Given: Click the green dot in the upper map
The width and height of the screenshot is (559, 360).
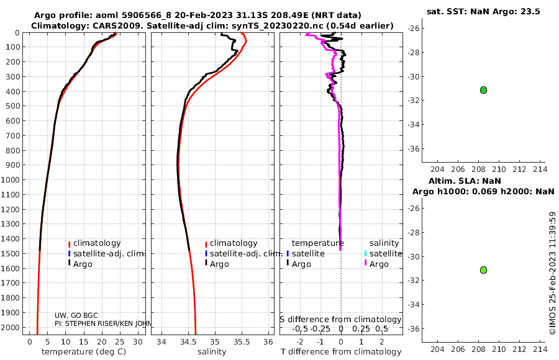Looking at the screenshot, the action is (x=483, y=90).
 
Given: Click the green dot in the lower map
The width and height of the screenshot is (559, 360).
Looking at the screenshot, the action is (x=483, y=270).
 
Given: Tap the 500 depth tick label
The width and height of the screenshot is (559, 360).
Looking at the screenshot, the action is (x=12, y=106).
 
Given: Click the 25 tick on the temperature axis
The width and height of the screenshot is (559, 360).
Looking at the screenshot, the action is (x=120, y=342).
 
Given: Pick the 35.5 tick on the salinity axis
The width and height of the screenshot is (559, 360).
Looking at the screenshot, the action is (x=242, y=342).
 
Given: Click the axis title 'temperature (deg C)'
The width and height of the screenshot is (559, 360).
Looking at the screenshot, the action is (x=84, y=352).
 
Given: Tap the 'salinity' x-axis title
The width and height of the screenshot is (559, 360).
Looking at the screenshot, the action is (x=212, y=352).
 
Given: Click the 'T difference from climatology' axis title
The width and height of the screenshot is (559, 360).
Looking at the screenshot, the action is (x=341, y=352).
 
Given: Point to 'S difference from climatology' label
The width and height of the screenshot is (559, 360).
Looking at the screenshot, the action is (x=340, y=320).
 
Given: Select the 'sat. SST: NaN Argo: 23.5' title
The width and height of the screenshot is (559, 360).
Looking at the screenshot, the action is (x=483, y=11).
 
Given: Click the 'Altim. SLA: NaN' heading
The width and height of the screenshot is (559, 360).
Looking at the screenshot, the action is (x=465, y=181).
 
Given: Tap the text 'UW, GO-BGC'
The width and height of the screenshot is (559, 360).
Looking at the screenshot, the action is (x=76, y=315).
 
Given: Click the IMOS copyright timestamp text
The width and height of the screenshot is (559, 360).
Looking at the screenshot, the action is (x=553, y=273).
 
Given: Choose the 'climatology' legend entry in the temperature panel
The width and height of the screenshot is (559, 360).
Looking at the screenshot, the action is (x=97, y=243).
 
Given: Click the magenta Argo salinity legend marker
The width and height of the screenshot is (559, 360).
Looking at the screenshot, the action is (x=365, y=263).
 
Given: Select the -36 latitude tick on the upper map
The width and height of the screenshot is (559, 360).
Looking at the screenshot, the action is (x=414, y=148).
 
